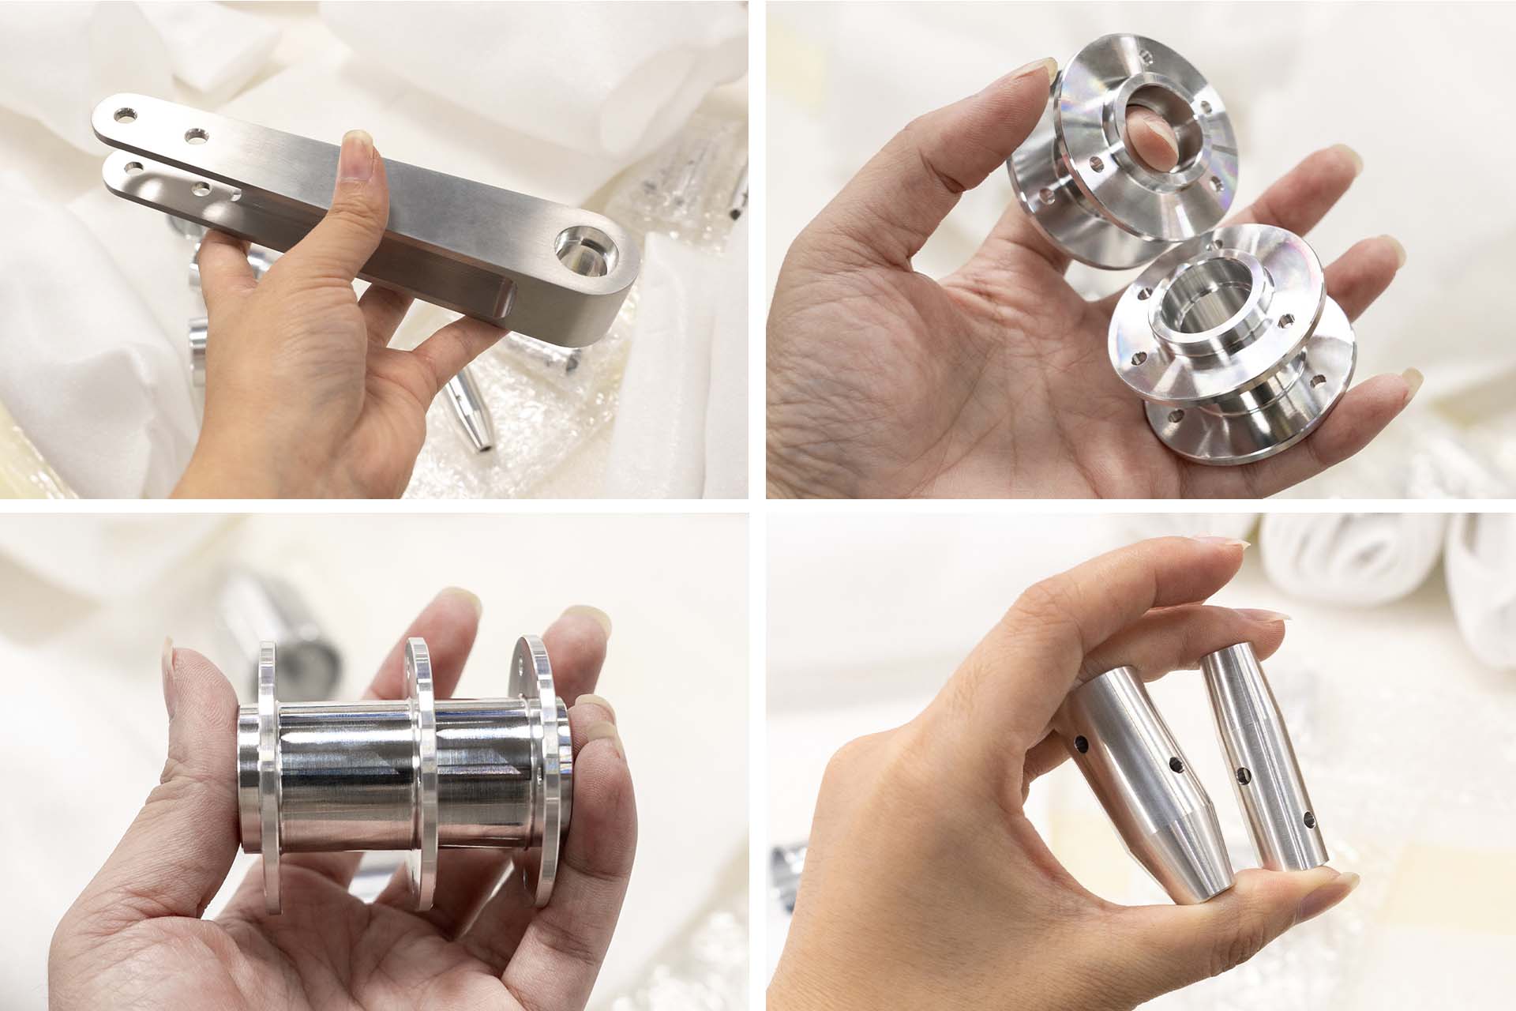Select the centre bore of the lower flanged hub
click(1200, 316)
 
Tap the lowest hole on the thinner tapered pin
click(1311, 839)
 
